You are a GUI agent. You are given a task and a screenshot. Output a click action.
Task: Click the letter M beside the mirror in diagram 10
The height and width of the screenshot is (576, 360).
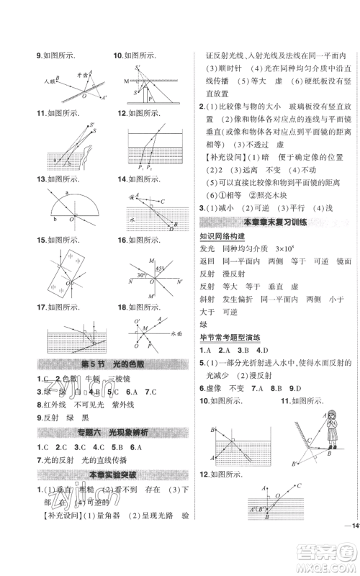(126, 81)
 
